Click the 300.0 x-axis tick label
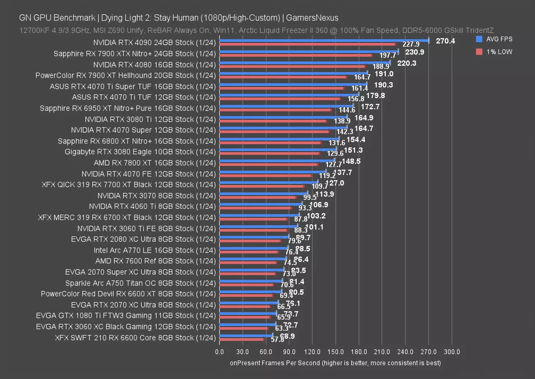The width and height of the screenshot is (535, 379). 452,352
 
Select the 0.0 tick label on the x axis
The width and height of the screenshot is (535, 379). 219,352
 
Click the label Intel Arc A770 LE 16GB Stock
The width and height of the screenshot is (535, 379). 155,250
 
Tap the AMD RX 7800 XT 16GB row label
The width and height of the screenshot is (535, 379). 155,163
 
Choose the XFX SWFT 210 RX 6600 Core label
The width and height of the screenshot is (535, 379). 135,338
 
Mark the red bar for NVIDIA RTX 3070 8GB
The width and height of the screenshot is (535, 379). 258,197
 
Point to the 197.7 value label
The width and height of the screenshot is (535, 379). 387,56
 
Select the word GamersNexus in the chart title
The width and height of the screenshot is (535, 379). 311,18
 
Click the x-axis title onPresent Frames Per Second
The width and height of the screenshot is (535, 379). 335,363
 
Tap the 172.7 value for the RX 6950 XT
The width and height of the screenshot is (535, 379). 370,107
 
